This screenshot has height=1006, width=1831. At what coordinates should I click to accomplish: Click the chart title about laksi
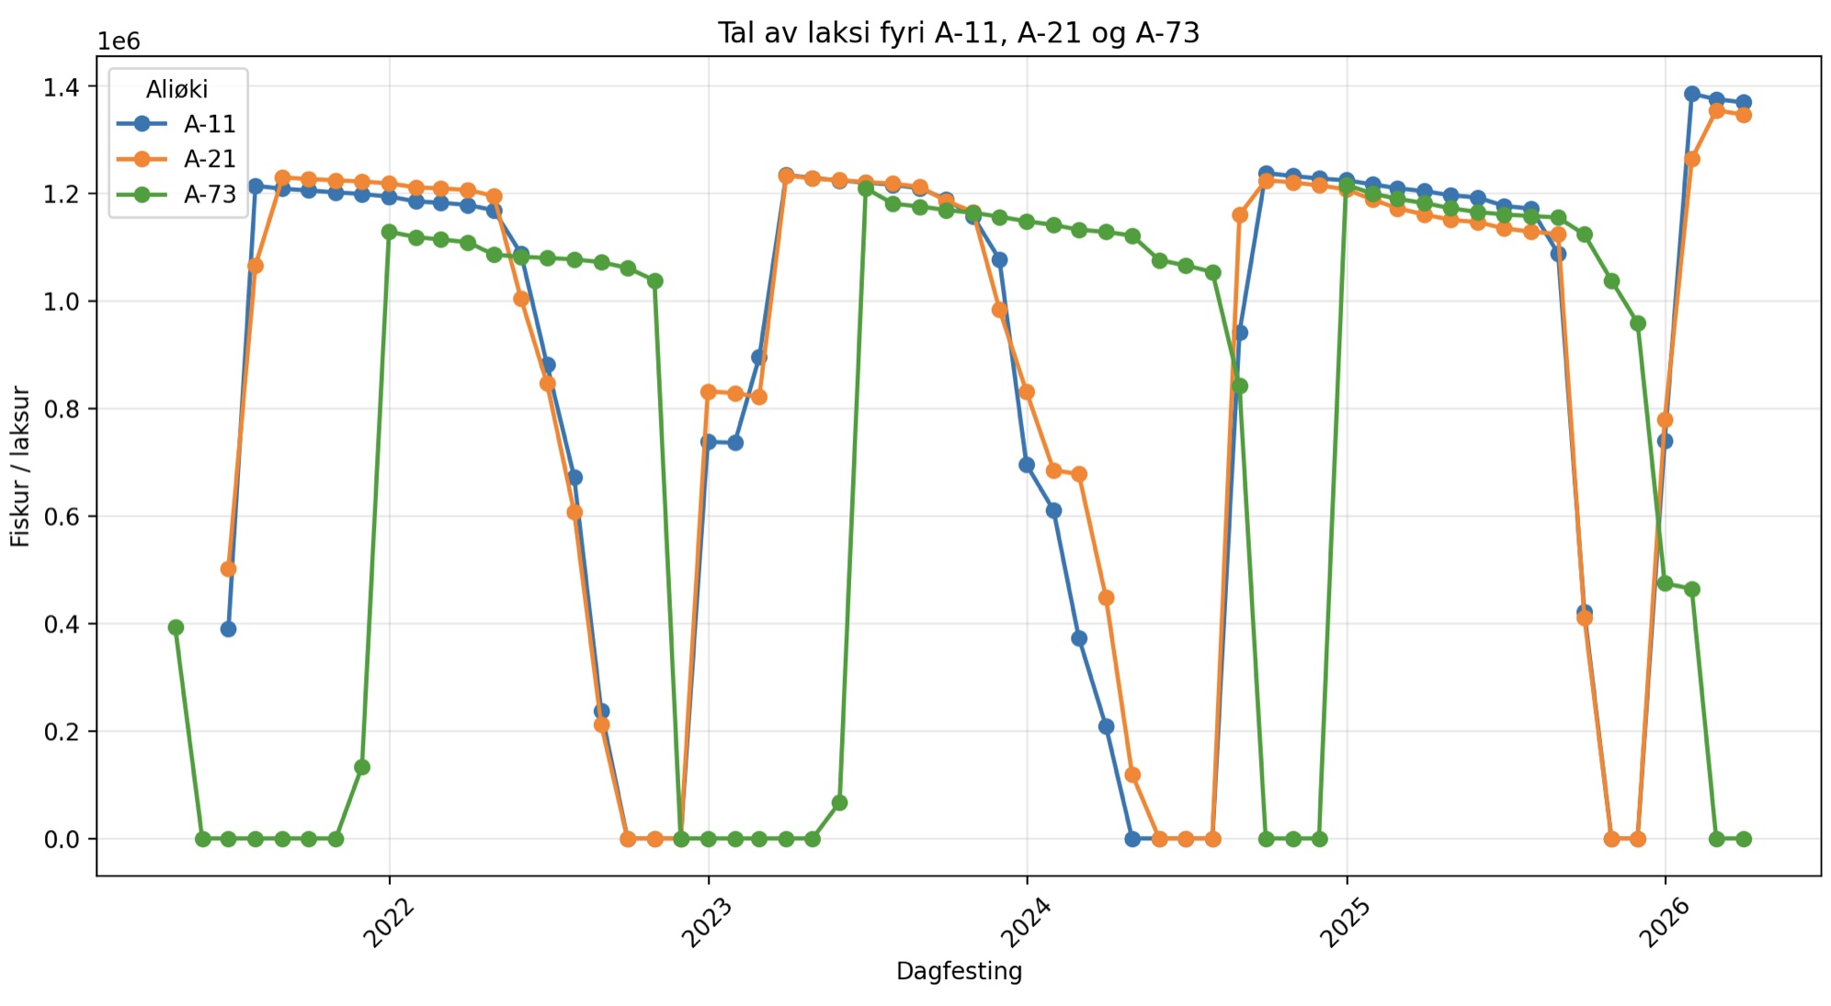(958, 33)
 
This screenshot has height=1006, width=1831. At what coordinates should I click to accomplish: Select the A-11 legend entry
(209, 124)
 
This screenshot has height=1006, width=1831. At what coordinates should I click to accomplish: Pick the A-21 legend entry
(209, 159)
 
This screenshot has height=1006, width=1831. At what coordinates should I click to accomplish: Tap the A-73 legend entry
(209, 194)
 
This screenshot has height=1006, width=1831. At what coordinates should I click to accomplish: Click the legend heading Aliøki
(176, 89)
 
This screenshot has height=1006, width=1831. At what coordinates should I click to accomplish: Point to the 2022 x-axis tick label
(389, 921)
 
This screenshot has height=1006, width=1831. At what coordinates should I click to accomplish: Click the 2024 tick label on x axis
(1026, 921)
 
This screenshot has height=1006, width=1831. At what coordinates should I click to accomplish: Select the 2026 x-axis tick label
(1664, 921)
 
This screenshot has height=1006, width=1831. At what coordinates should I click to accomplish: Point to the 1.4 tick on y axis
(62, 87)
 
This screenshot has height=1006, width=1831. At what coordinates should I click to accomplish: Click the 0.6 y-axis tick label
(62, 517)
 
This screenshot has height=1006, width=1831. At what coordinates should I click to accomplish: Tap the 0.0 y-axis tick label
(62, 840)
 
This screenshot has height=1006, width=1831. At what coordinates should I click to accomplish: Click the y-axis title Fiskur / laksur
(20, 466)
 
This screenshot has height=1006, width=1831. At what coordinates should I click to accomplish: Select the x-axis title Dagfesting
(959, 971)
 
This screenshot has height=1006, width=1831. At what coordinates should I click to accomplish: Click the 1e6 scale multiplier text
(119, 41)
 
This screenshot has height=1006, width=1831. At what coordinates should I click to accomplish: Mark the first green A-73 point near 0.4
(176, 627)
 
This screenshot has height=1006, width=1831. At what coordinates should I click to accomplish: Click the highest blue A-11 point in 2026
(1691, 94)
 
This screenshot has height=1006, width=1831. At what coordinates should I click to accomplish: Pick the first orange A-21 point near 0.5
(228, 569)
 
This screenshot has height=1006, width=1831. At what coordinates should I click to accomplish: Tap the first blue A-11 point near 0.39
(228, 629)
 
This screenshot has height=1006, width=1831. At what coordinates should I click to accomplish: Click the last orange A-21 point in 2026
(1744, 115)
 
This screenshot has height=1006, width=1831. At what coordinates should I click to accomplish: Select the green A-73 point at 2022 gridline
(389, 232)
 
